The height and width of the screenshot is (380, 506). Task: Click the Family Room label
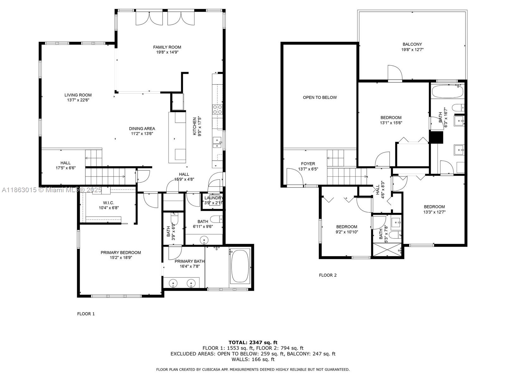click(167, 47)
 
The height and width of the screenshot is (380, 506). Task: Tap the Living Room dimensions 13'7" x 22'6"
click(78, 100)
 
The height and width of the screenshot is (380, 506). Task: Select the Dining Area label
click(142, 129)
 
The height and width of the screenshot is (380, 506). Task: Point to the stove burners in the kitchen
click(217, 109)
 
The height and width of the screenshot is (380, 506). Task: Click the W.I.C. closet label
click(108, 203)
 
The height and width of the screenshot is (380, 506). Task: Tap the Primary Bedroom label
click(121, 252)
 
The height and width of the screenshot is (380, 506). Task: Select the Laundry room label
click(213, 198)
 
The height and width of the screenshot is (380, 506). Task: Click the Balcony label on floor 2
click(412, 44)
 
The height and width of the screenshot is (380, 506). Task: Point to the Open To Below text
click(320, 97)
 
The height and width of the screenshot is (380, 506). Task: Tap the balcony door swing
click(395, 73)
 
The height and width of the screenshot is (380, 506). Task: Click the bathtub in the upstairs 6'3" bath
click(447, 92)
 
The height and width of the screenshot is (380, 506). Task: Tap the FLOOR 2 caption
click(328, 275)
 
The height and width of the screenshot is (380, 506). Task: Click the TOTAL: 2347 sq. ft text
click(253, 342)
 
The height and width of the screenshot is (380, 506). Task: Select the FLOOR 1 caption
click(86, 314)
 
